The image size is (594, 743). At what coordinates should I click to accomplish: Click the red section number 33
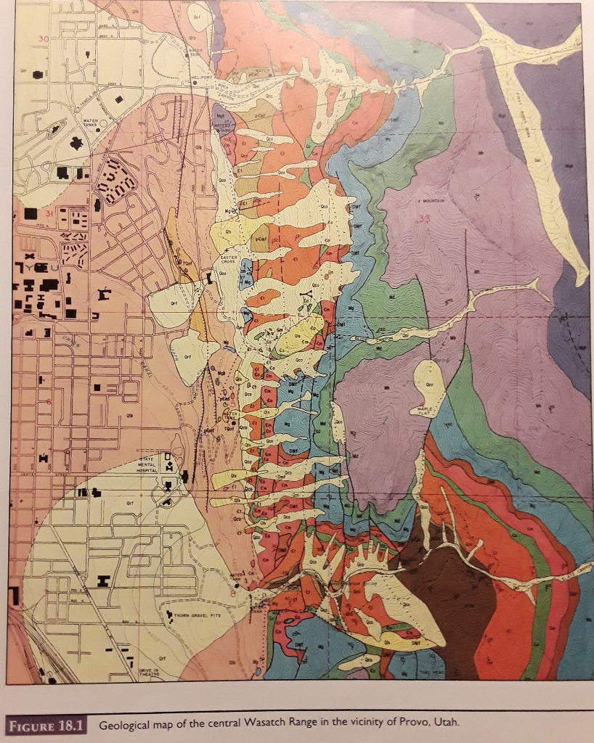pyautogui.click(x=423, y=218)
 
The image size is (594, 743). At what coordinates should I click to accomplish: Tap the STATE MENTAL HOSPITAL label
pyautogui.click(x=146, y=465)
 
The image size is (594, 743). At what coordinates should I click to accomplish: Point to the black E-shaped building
pyautogui.click(x=103, y=293)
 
